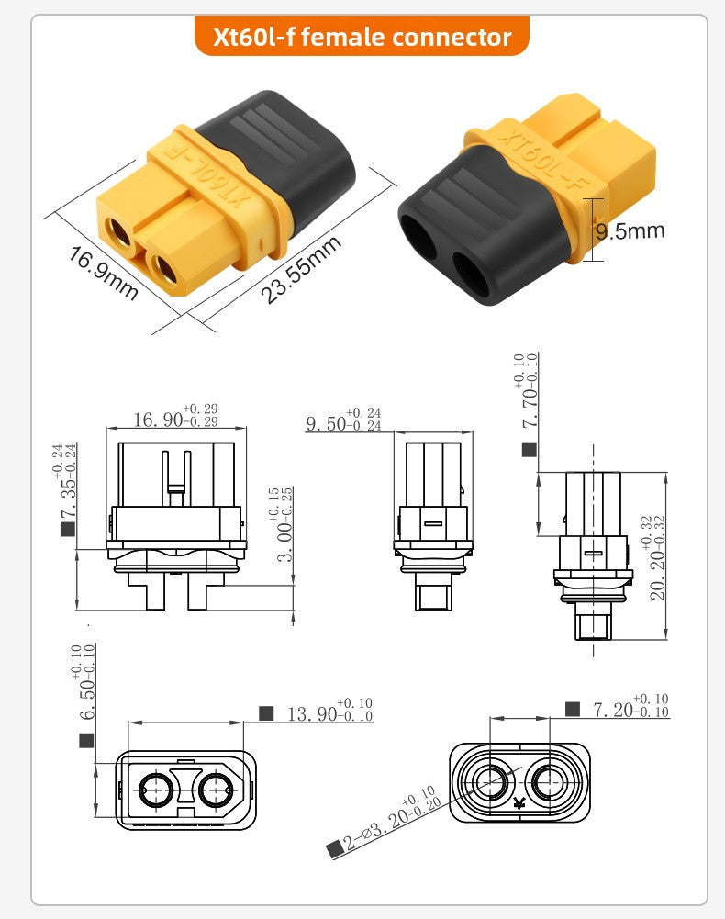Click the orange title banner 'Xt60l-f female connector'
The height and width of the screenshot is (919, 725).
coord(362,37)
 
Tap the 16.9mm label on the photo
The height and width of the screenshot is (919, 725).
coord(104,273)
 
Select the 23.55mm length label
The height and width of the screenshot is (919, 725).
coord(301,269)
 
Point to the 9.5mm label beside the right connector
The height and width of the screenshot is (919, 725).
coord(630,231)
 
